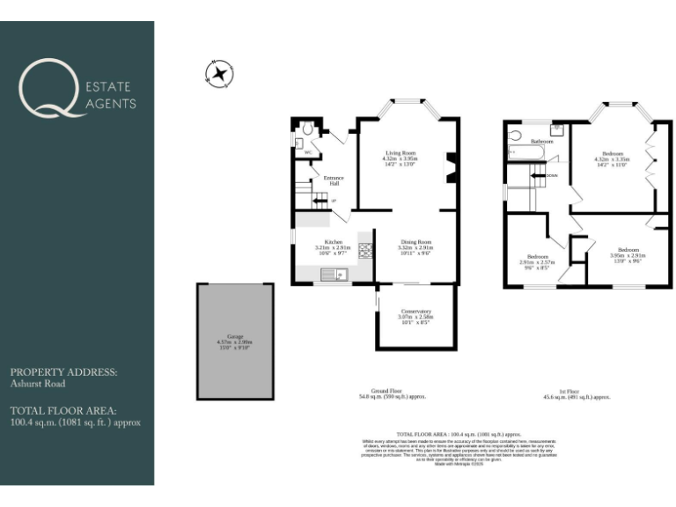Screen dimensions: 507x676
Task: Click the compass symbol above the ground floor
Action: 219,73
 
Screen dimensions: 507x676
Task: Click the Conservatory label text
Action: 415,311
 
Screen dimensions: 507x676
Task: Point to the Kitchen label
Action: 333,242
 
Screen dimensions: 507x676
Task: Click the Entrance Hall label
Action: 334,180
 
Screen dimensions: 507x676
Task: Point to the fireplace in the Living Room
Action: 451,167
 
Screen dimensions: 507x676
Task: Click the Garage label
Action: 235,336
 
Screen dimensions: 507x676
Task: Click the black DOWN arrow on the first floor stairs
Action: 537,175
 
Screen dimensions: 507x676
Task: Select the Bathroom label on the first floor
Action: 541,141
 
